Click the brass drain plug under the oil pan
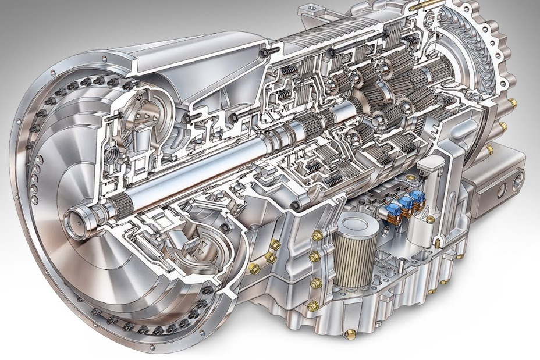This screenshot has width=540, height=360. tap(349, 333)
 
